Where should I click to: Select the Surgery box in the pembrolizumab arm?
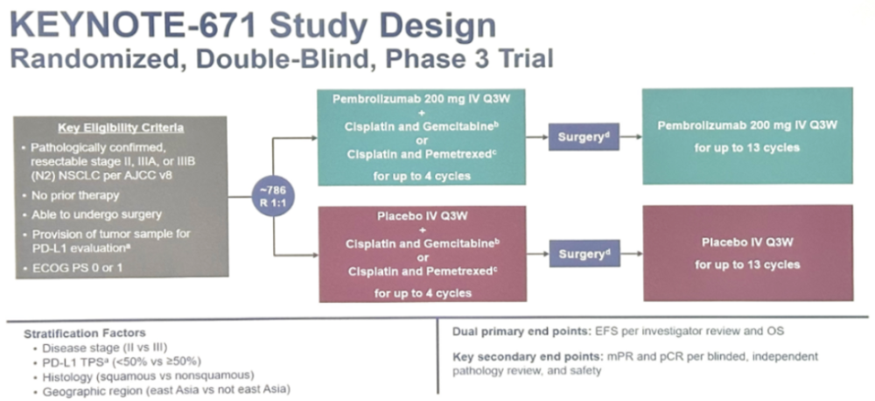coord(584,137)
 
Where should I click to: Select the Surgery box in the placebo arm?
coord(584,253)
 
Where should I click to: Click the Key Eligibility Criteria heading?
coord(121,129)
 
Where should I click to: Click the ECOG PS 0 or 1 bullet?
coord(76,268)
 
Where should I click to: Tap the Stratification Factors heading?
coord(84,334)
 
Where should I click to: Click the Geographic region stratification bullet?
coord(167,390)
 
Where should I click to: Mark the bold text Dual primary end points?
coord(520,331)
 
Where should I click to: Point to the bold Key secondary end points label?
coord(528,356)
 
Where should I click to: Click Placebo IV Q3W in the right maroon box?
coord(748,243)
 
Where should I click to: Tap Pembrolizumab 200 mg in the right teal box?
coord(722,126)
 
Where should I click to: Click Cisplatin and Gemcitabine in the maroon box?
coord(420,243)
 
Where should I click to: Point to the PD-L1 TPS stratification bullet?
coord(122,362)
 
